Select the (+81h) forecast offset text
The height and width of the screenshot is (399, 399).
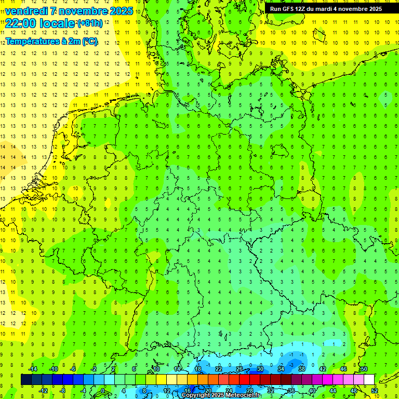click(89, 23)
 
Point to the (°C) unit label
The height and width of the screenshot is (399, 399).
click(89, 42)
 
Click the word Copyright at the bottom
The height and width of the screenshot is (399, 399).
click(196, 395)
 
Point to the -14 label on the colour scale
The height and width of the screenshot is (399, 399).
click(34, 369)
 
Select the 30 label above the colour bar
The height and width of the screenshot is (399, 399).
click(260, 369)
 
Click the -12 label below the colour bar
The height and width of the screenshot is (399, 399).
click(44, 391)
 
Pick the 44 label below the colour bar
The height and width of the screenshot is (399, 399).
click(333, 391)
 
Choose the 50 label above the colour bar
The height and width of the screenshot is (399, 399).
click(364, 369)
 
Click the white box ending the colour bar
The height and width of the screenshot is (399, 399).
click(369, 380)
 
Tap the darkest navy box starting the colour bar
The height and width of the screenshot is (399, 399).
click(26, 380)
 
